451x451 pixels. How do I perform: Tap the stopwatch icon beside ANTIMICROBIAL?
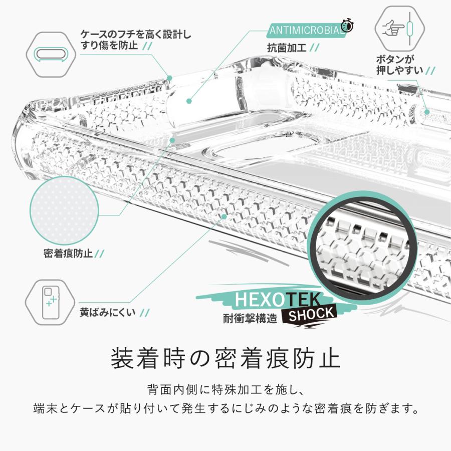[x=347, y=26]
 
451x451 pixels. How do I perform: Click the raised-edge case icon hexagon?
[x=51, y=53]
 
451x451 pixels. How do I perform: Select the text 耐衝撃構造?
[x=250, y=318]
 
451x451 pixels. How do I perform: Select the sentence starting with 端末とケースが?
[x=225, y=408]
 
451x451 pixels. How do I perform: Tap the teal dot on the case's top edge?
[x=169, y=78]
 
